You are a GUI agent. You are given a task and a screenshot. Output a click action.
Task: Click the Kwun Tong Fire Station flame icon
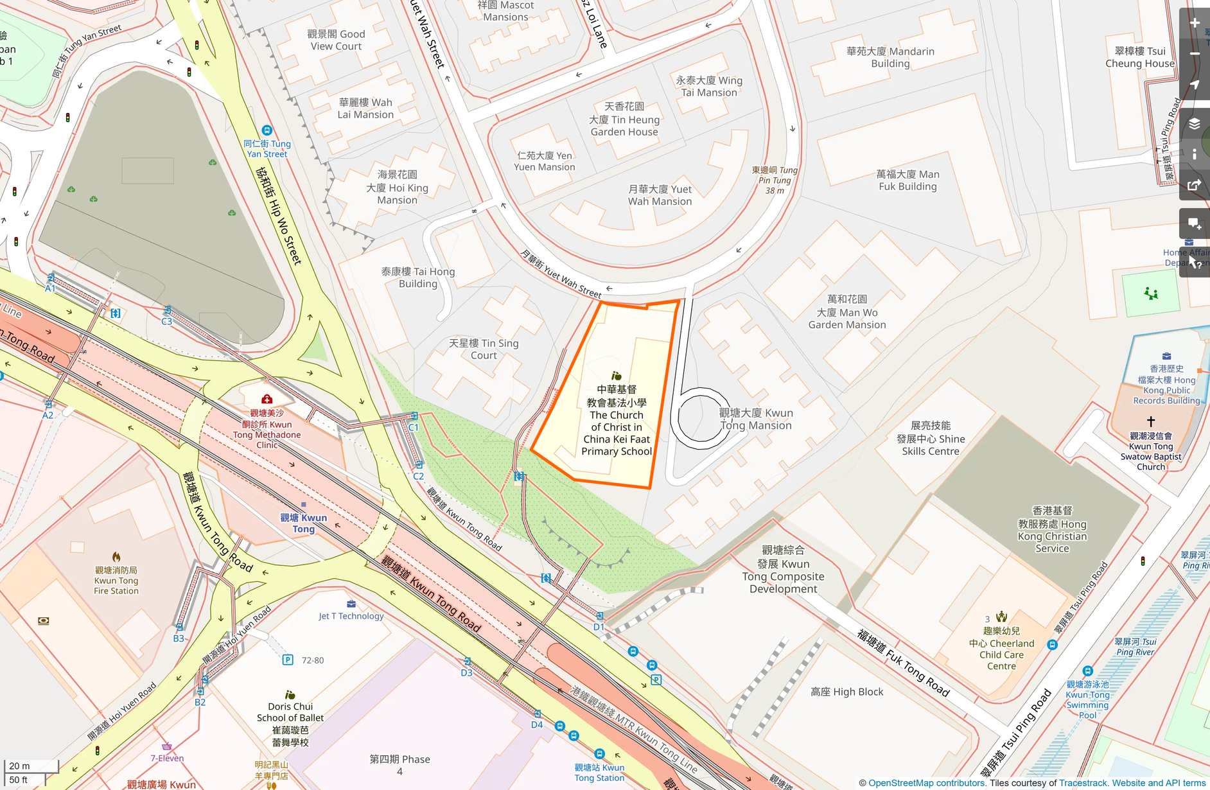[x=116, y=557]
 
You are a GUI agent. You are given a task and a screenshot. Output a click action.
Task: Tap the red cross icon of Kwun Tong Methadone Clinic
[x=267, y=399]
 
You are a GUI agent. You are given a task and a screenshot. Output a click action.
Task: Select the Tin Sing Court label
[x=484, y=349]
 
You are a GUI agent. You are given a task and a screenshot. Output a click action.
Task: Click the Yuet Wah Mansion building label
[x=660, y=195]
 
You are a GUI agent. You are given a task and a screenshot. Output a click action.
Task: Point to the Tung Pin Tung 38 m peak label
[x=775, y=180]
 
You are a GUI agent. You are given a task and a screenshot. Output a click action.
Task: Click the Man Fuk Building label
[x=907, y=180]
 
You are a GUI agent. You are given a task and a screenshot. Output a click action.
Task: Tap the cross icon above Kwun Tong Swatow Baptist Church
[x=1150, y=421]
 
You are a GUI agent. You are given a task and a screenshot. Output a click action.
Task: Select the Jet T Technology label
[x=351, y=616]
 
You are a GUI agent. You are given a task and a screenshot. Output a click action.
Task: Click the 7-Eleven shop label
[x=167, y=758]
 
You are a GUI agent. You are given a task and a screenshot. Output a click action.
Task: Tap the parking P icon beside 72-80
[x=288, y=660]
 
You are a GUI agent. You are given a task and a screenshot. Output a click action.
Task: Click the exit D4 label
[x=537, y=724]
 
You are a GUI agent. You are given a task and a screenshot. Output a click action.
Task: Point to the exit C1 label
[x=413, y=427]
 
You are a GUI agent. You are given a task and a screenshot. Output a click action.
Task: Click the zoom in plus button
[x=1194, y=23]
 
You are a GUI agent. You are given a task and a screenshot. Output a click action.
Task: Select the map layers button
[x=1194, y=124]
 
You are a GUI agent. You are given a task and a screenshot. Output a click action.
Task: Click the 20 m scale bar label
[x=20, y=766]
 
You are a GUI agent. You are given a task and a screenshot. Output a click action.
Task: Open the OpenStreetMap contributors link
[x=926, y=783]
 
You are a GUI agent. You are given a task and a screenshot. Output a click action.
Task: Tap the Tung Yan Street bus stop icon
[x=267, y=130]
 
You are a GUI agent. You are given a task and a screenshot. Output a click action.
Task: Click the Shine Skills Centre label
[x=931, y=439]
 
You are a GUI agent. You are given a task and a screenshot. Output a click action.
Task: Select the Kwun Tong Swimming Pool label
[x=1087, y=699]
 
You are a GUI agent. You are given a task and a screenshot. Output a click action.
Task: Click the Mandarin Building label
[x=890, y=57]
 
